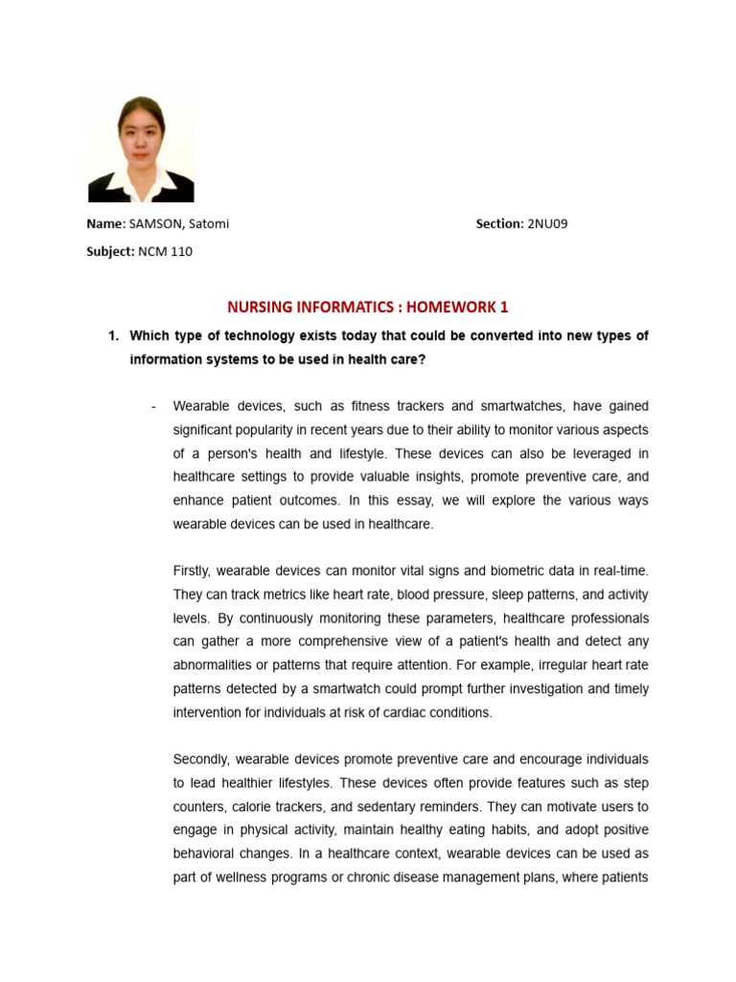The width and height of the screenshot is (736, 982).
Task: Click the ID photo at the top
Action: coord(141,149)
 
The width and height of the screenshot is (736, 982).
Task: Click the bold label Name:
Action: coord(106,223)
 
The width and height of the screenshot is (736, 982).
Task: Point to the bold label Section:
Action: coord(499,223)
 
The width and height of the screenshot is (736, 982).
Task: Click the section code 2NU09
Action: coord(548,223)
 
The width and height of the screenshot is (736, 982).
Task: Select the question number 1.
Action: coord(112,336)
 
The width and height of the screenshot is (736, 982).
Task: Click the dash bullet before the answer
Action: coord(153,406)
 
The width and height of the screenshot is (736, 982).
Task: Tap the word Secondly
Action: coord(202,759)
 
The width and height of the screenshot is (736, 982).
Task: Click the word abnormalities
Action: coord(217,665)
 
